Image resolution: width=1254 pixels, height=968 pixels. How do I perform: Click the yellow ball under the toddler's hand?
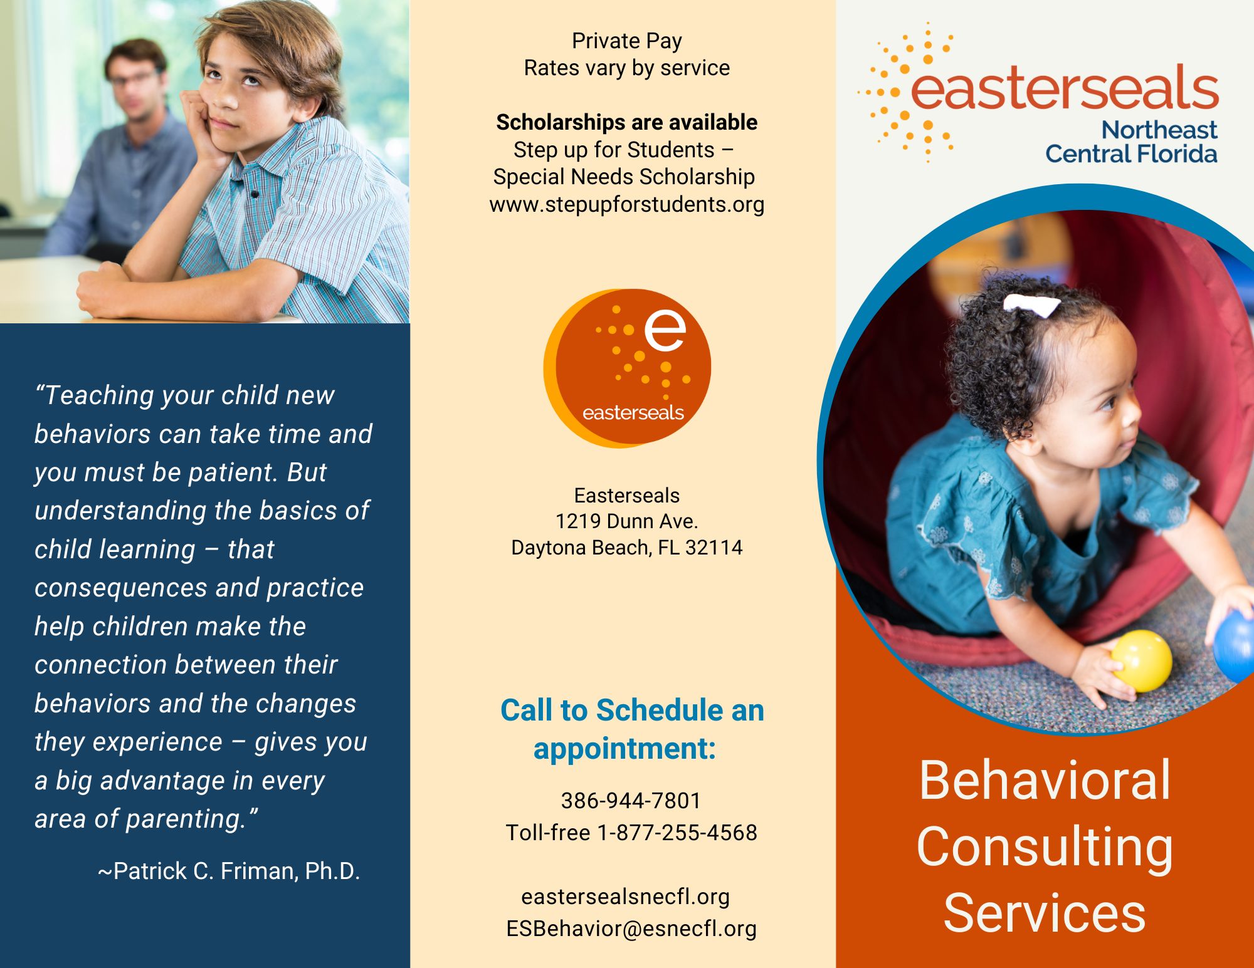[1141, 661]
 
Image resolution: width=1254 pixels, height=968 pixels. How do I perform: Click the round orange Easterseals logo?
[627, 368]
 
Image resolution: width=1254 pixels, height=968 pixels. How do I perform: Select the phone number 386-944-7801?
[631, 800]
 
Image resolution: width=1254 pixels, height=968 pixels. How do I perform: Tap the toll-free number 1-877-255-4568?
[677, 832]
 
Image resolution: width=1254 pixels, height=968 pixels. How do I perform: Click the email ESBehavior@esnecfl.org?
[631, 928]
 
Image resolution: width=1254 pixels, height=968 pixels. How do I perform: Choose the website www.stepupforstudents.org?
[627, 204]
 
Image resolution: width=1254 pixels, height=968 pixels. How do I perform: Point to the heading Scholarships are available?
[627, 122]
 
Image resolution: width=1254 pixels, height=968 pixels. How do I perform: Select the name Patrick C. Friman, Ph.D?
[236, 870]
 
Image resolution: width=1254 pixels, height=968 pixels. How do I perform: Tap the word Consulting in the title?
[1045, 847]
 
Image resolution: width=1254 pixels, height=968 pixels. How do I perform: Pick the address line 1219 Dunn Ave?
[627, 521]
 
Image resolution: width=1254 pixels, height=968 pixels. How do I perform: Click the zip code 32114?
[714, 548]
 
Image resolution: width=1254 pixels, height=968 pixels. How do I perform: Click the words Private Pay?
[627, 41]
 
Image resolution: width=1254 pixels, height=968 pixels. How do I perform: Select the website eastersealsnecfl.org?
[625, 897]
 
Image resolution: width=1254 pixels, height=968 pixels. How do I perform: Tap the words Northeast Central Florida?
[1131, 142]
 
